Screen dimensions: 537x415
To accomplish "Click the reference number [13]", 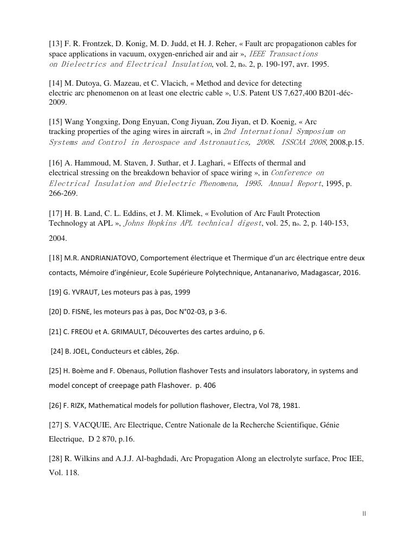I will (56, 43).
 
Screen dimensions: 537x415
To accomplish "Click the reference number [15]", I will (56, 122).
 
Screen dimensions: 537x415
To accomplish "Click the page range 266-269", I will (63, 193).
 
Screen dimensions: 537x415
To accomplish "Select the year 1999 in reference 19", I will (183, 292).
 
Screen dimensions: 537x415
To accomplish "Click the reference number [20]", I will (55, 311).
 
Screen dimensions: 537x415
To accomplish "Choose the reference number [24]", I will (57, 351).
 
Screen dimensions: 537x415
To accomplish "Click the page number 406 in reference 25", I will (214, 385).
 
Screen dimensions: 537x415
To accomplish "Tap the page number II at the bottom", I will (364, 513).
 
